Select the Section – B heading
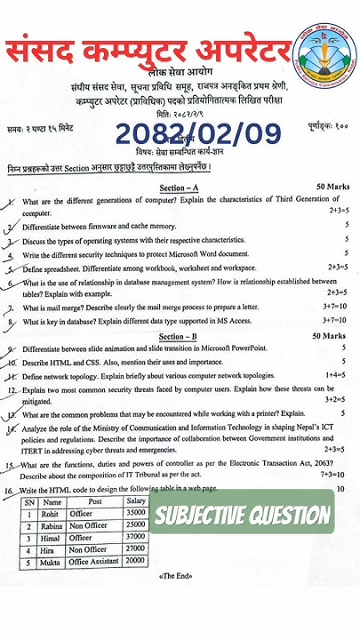(x=183, y=337)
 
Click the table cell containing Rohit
(x=52, y=513)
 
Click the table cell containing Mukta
(x=52, y=562)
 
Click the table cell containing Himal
(x=52, y=538)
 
